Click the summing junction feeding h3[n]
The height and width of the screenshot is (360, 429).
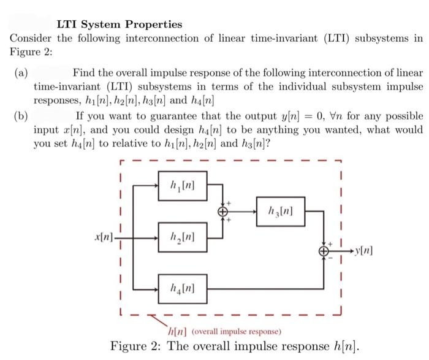point(224,210)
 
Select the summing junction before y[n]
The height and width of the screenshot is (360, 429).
point(323,251)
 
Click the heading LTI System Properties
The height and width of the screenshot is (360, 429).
point(120,25)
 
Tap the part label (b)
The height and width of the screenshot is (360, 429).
point(20,117)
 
